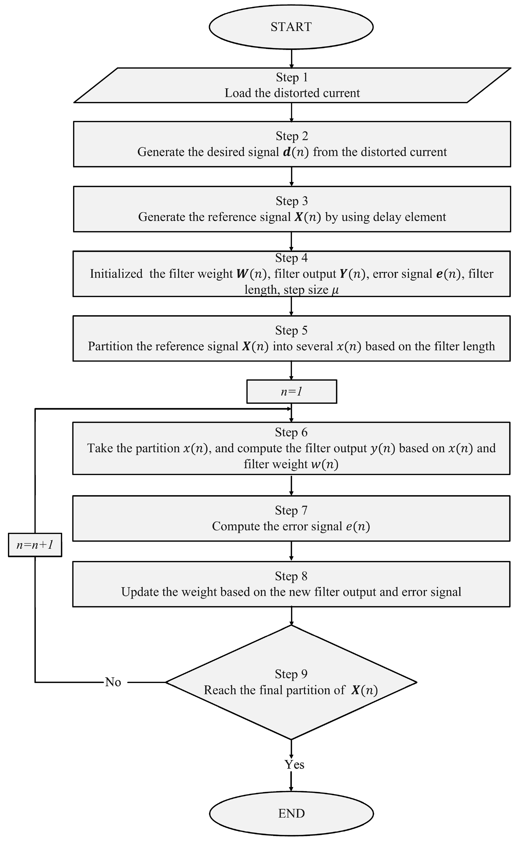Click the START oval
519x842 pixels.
(x=291, y=27)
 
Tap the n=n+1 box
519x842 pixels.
(x=35, y=545)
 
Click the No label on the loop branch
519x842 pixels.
(x=113, y=682)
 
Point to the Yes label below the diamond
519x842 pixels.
(x=294, y=764)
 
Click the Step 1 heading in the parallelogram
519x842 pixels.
(x=292, y=77)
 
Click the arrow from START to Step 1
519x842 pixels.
(x=291, y=58)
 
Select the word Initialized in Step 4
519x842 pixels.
(x=116, y=274)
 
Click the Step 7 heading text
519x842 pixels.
(x=291, y=510)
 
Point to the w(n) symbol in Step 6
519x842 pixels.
(x=325, y=464)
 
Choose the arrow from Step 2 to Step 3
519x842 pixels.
(x=291, y=176)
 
